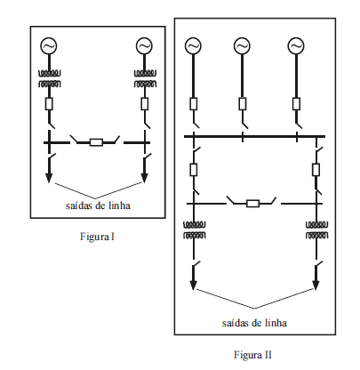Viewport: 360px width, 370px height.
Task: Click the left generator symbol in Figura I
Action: pos(49,46)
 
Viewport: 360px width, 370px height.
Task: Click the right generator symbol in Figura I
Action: pos(144,46)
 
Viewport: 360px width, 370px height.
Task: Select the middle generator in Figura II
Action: pos(242,46)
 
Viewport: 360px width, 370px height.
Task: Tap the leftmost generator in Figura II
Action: pos(193,46)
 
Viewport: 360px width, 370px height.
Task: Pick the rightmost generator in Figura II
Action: pos(296,46)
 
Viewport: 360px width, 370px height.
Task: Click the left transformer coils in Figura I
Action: pos(49,78)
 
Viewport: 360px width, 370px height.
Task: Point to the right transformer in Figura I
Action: pos(145,78)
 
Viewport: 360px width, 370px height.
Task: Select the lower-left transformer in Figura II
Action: pos(194,230)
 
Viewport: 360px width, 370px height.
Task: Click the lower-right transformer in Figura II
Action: pos(316,230)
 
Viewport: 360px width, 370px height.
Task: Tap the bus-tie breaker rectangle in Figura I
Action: pos(96,142)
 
